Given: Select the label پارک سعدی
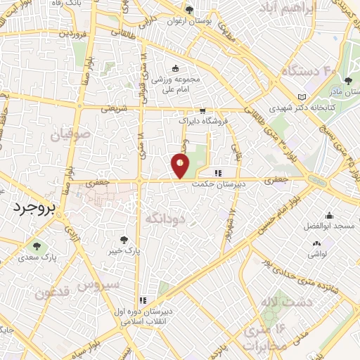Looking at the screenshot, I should [37, 257].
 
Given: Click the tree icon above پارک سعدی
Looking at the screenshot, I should [37, 246].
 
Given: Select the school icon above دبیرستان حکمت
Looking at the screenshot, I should [218, 173].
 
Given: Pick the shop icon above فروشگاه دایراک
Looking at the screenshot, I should [202, 111].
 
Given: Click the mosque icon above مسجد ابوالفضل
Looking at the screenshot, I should [328, 216].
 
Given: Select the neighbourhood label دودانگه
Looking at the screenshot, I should [165, 219].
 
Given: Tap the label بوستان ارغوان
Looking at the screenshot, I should [188, 20].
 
